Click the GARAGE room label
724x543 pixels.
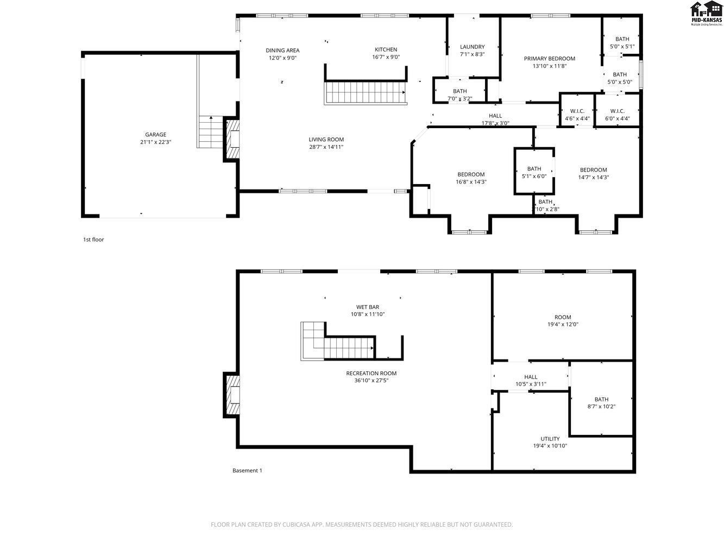coord(155,135)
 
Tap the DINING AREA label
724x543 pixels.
coord(282,50)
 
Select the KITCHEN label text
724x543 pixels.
coord(386,49)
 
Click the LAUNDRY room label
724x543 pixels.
coord(472,47)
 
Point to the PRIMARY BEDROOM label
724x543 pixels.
coord(549,59)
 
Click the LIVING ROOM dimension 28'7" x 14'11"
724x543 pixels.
coord(326,147)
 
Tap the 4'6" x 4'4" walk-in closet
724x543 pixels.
coord(577,115)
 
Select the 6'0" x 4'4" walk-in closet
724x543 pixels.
coord(617,115)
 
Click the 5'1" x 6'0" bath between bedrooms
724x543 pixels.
coord(534,172)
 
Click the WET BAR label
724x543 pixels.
coord(368,307)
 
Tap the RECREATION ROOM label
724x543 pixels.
coord(371,374)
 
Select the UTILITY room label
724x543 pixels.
coord(550,439)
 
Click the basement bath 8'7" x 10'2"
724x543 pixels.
coord(601,403)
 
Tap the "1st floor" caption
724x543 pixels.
coord(93,239)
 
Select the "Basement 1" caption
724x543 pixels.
coord(247,471)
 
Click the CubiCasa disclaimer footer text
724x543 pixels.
coord(362,525)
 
